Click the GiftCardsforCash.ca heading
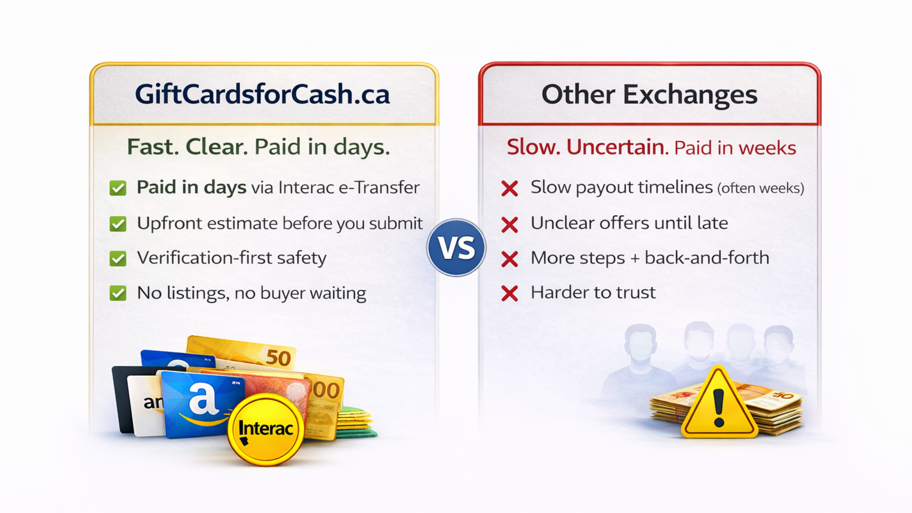[262, 94]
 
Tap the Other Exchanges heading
[649, 95]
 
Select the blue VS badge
[456, 248]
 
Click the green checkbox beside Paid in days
[118, 188]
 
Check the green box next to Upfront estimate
[118, 224]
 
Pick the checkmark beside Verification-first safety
[118, 258]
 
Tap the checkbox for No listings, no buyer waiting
[118, 293]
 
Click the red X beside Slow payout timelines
[509, 188]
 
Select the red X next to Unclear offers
[509, 224]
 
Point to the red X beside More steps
[509, 259]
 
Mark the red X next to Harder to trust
[509, 293]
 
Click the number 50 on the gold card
[278, 358]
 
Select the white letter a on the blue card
[203, 398]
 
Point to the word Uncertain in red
[617, 147]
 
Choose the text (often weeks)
[761, 188]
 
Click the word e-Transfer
[379, 187]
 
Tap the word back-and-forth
[707, 258]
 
